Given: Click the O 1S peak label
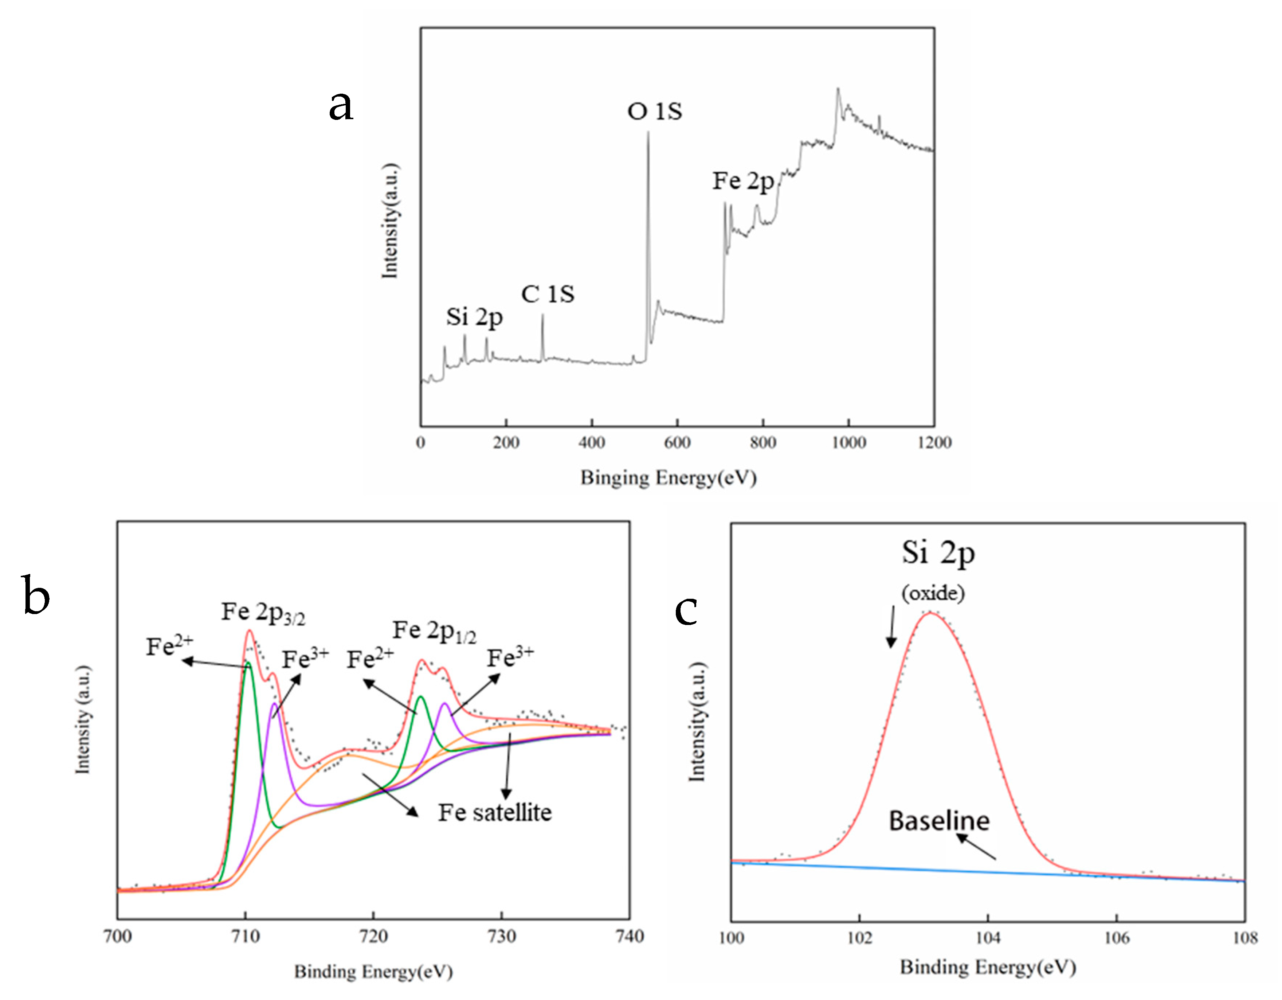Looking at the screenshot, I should coord(655,111).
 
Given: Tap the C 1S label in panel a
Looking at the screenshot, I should coord(548,294).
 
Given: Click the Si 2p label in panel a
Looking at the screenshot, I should coord(474,317).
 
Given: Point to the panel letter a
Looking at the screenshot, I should coord(341,106).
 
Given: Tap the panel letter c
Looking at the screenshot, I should coord(686,610).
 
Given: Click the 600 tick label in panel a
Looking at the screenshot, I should coord(677,443).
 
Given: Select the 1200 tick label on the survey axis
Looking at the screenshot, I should coord(934,443).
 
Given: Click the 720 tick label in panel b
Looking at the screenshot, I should coord(373,936).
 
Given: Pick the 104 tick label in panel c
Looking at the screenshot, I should coord(988,938).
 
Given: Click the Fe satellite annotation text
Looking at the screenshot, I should coord(495,813).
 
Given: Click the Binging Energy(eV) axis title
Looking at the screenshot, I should coord(669,477).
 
